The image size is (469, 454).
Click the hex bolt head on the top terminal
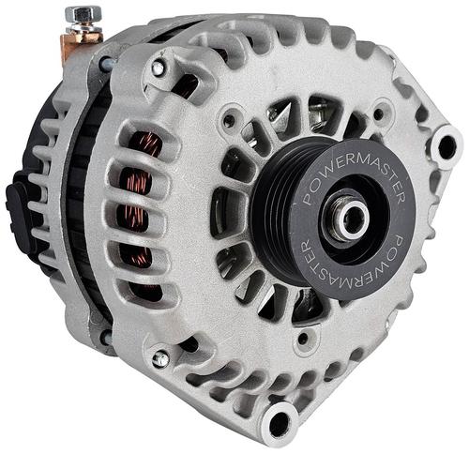[x=83, y=14]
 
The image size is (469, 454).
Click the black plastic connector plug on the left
[x=20, y=214]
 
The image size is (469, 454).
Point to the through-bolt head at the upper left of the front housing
[x=158, y=68]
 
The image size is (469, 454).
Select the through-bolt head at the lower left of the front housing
[x=160, y=359]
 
